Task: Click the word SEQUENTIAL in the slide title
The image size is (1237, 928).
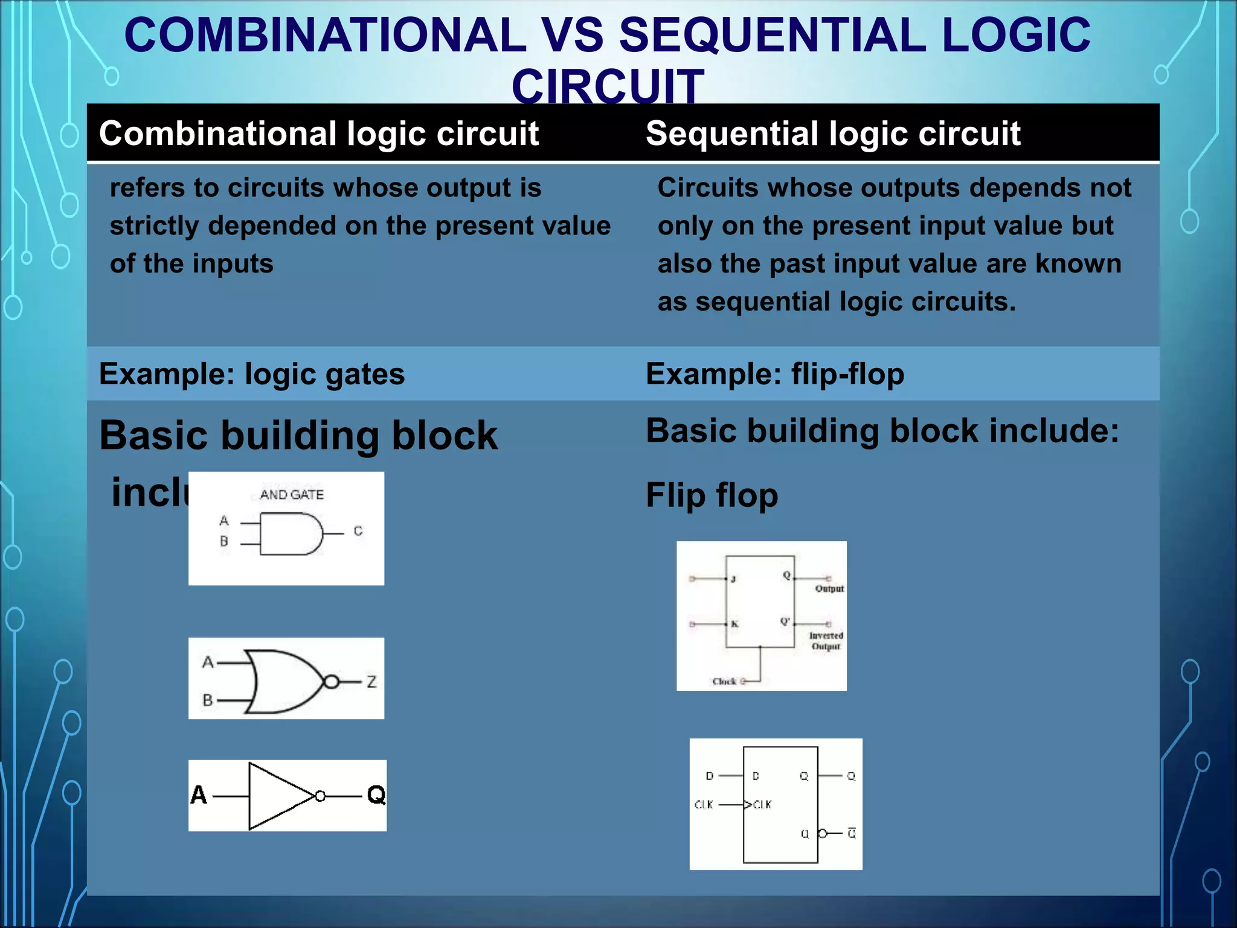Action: point(772,35)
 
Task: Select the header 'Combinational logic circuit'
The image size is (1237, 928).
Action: point(318,134)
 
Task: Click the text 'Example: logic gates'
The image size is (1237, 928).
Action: point(251,374)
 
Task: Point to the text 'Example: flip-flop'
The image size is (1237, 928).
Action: point(774,374)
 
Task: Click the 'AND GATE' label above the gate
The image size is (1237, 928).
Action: point(292,495)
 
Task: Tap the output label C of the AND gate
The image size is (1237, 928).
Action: point(358,531)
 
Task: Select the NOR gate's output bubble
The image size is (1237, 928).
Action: point(331,682)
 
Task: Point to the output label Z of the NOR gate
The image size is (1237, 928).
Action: point(371,682)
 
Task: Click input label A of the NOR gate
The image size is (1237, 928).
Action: point(208,663)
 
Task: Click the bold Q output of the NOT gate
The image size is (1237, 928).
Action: point(376,795)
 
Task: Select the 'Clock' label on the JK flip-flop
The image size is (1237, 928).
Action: point(724,681)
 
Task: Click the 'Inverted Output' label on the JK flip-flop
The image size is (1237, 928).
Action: point(826,641)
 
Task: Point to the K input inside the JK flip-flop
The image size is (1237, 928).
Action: point(734,624)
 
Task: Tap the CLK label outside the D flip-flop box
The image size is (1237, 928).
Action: point(704,805)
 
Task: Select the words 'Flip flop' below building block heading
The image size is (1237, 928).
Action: point(712,495)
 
